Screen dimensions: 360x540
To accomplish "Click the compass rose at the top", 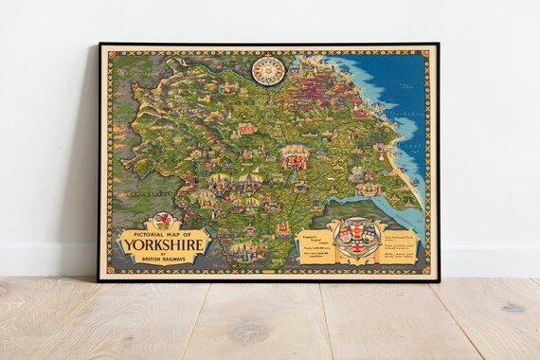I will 268,69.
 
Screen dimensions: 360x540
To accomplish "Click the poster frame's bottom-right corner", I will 438,279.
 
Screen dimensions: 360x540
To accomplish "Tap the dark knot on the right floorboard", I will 513,308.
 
